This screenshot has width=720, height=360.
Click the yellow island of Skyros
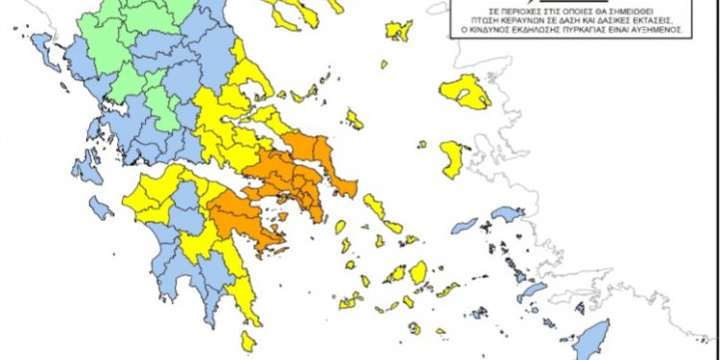[x=354, y=120]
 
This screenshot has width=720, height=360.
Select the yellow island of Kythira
[x=249, y=340]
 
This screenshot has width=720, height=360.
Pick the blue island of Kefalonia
[x=86, y=169]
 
